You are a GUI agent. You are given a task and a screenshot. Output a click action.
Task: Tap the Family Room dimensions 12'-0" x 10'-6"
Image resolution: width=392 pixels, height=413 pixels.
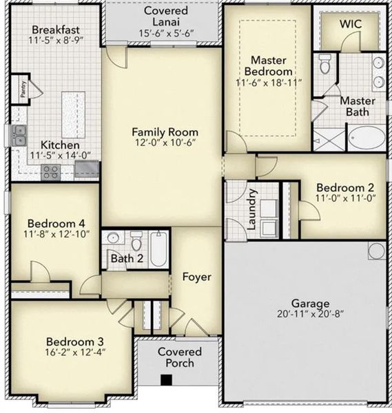click(x=165, y=144)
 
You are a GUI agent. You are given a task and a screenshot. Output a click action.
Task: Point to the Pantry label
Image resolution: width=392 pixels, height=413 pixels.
click(x=23, y=89)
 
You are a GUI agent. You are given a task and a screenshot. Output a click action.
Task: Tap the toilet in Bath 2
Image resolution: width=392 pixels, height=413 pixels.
click(x=136, y=242)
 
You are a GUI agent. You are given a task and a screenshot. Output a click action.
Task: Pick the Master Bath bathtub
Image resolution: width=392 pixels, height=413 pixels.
click(x=367, y=137)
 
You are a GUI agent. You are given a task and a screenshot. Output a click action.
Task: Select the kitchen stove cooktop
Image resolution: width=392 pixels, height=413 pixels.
click(x=50, y=171)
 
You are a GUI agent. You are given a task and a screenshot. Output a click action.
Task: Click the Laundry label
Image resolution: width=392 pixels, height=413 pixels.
click(x=252, y=209)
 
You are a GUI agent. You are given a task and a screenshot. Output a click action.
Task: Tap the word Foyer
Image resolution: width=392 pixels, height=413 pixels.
click(x=196, y=277)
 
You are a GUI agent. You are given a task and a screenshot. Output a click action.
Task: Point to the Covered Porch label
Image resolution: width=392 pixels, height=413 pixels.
click(x=180, y=357)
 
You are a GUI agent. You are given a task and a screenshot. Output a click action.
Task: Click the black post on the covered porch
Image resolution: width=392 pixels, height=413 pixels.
click(x=165, y=379)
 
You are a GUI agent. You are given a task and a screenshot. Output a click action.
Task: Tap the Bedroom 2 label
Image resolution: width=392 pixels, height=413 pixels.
click(x=345, y=187)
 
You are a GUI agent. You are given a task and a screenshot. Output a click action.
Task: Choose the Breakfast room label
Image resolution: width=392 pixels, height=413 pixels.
click(x=56, y=30)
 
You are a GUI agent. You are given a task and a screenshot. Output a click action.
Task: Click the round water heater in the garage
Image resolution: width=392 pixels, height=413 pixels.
click(x=376, y=250)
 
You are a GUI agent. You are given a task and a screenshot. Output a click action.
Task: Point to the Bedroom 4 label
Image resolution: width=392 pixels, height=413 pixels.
click(x=56, y=223)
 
